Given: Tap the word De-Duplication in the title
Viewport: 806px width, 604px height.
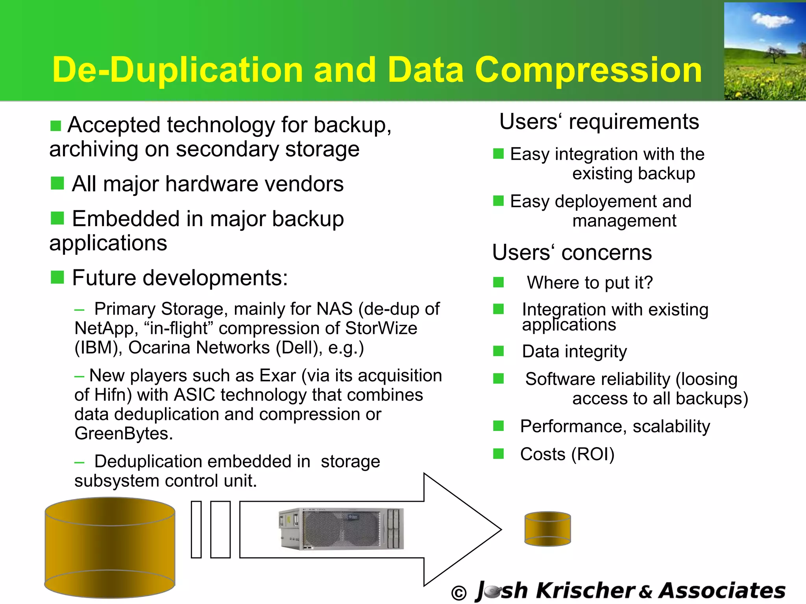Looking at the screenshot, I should [177, 70].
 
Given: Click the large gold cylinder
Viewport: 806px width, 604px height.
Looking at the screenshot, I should [110, 548].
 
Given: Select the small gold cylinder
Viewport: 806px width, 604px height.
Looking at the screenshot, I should [547, 528].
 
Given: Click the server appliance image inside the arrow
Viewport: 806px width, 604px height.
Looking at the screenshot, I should [341, 528].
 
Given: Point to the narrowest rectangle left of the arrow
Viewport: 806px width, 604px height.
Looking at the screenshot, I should [196, 529].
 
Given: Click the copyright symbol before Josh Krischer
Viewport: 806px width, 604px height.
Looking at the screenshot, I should [459, 593].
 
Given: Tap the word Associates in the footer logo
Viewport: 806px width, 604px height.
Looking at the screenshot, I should [722, 590].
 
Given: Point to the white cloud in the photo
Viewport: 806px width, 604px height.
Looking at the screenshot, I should [771, 20].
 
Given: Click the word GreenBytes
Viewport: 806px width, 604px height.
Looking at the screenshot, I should [124, 433].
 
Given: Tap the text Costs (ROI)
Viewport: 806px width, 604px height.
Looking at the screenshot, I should [567, 454].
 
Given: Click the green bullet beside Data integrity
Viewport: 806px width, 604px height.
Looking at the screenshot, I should [499, 351].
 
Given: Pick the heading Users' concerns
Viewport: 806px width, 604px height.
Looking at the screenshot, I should [572, 252].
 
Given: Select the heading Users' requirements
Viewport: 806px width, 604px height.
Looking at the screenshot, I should [599, 122].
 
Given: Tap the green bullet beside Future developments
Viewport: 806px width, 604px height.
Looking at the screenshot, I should [57, 277].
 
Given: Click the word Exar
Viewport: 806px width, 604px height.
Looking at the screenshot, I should [277, 376].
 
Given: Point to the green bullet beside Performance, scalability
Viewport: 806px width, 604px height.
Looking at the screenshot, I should [499, 426].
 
